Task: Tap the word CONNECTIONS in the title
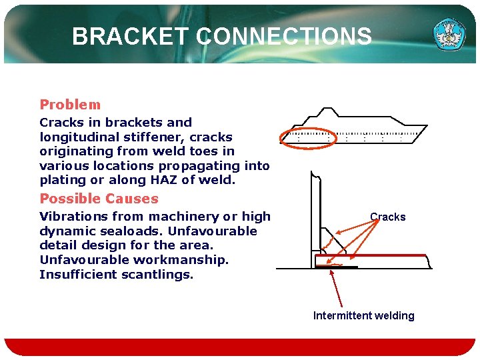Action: point(284,36)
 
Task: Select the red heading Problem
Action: point(70,105)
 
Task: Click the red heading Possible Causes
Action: point(99,199)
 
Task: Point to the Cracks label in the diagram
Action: point(387,217)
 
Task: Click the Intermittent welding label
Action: point(363,315)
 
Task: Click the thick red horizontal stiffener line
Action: point(373,255)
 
